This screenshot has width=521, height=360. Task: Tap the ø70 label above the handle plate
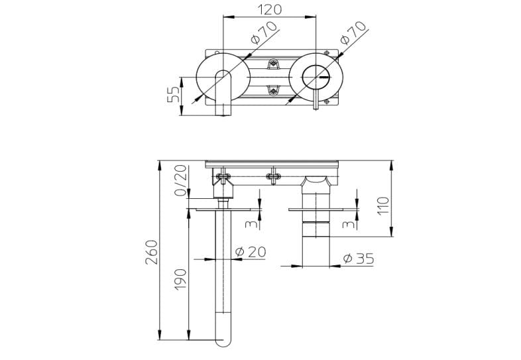coord(353,32)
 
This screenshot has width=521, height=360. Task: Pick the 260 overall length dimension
coord(151,253)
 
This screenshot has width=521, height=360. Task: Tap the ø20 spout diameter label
coord(251,251)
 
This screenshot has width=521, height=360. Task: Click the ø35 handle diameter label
coord(359,259)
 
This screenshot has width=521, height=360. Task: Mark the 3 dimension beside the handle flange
coord(347,224)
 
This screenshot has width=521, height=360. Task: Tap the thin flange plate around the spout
coord(222,210)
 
